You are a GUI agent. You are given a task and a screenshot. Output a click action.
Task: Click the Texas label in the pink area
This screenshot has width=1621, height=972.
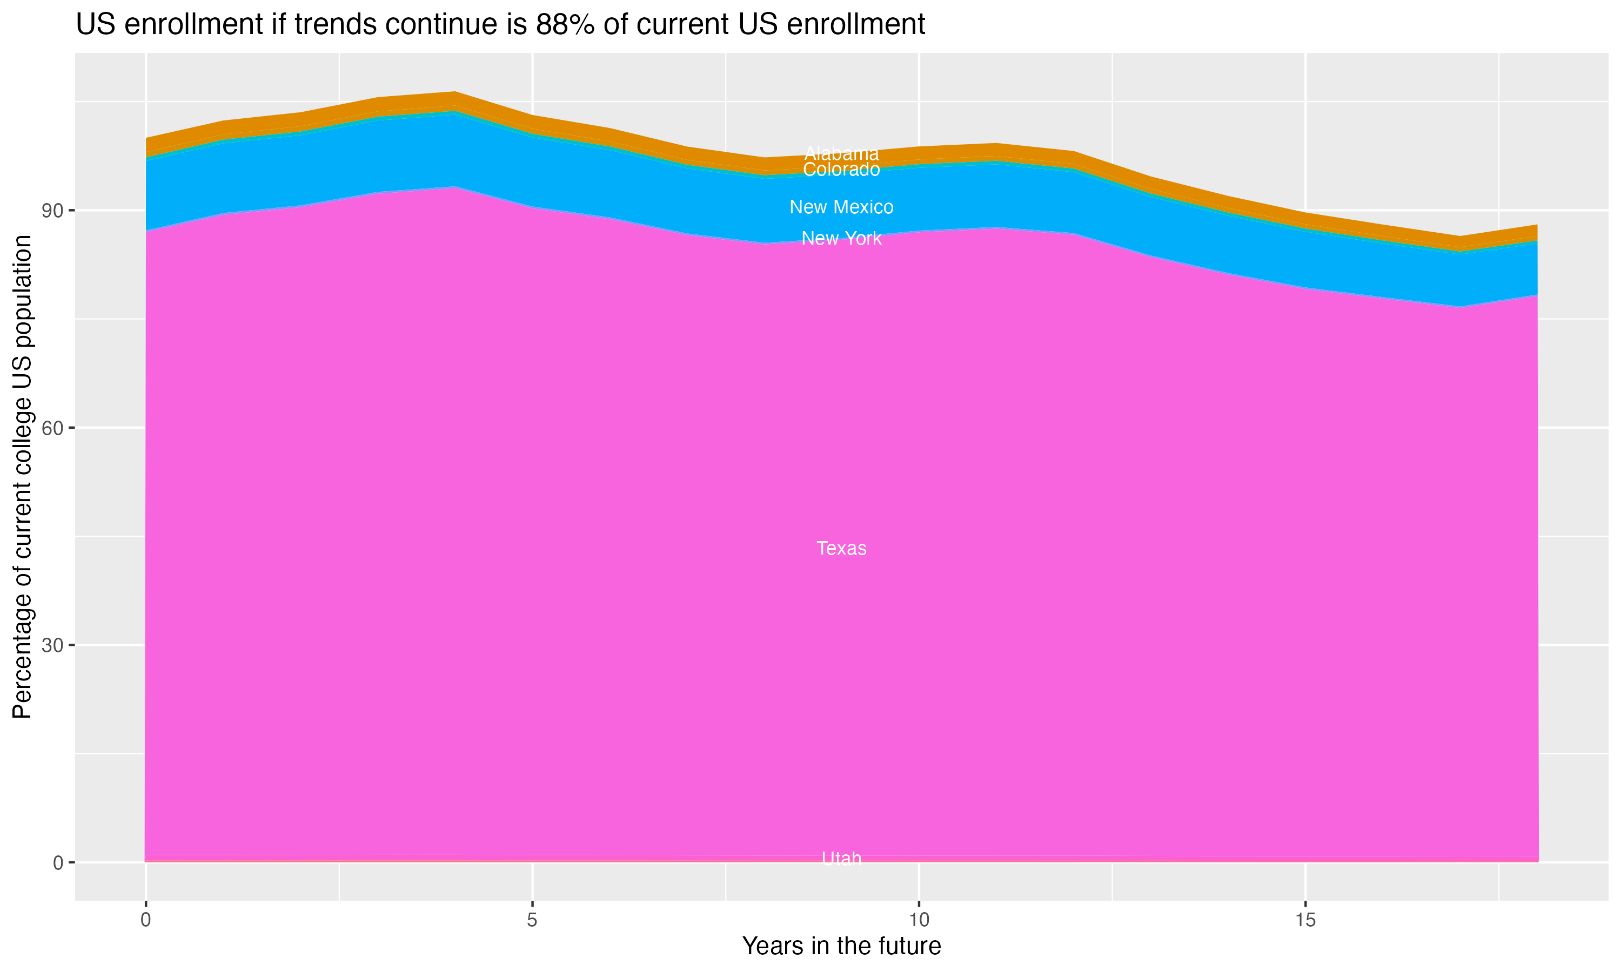841,548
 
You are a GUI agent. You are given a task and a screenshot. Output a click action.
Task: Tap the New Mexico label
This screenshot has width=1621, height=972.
841,207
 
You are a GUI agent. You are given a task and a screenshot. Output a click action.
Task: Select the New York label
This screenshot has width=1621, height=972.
841,239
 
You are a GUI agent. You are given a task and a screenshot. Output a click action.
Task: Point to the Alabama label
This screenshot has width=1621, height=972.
841,153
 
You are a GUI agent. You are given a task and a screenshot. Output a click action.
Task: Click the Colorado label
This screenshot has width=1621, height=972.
841,170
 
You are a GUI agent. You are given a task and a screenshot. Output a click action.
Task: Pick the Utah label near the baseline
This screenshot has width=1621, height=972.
841,858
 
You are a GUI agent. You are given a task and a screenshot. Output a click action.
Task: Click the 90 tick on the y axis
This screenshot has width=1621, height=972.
52,211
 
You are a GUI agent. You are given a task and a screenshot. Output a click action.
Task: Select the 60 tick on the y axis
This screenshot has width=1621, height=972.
52,428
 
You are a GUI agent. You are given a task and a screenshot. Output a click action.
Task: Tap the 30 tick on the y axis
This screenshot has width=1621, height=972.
52,645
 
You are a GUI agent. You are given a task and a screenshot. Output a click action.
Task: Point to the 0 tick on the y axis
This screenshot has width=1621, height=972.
58,862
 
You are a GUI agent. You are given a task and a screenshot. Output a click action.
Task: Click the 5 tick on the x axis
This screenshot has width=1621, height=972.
532,920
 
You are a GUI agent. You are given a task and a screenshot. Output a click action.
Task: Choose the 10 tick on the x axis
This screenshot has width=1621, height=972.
919,920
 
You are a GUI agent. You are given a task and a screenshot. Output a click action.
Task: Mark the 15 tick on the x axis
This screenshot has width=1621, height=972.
1305,920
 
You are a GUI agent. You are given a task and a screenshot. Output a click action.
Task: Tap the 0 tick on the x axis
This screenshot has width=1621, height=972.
145,920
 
